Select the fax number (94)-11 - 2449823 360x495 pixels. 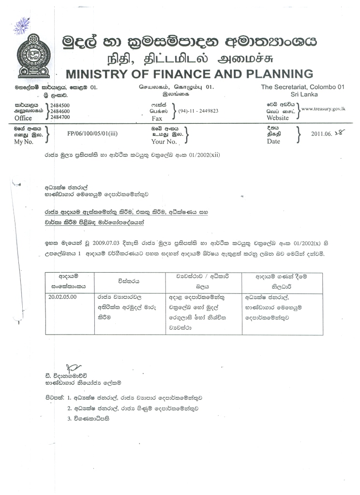198,111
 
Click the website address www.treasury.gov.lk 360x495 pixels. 323,109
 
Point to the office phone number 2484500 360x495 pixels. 60,105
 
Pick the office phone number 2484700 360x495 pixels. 60,117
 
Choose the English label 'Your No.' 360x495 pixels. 165,142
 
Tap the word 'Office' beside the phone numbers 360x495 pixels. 23,118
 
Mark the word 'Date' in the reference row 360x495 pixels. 273,142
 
